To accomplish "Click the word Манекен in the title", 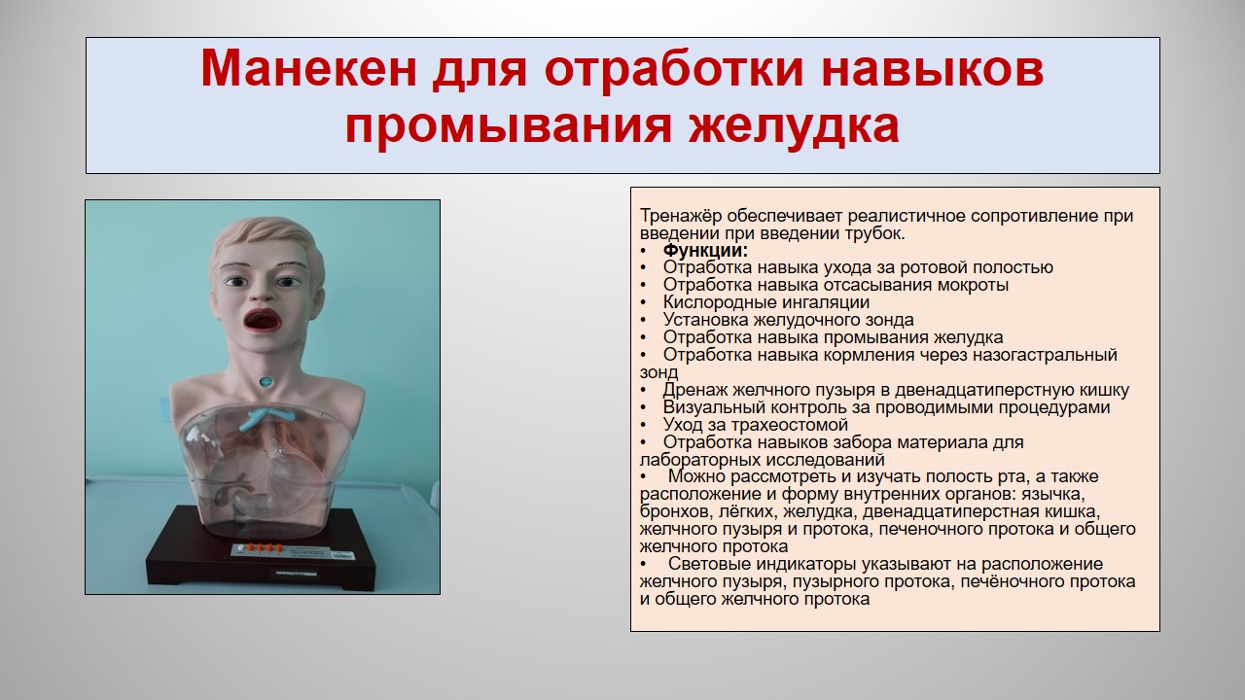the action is pyautogui.click(x=308, y=69).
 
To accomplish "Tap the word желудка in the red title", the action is pyautogui.click(x=795, y=126).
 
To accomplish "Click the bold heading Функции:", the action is pyautogui.click(x=705, y=250).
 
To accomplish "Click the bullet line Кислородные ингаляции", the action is pyautogui.click(x=765, y=302).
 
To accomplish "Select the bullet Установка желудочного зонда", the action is pyautogui.click(x=788, y=320).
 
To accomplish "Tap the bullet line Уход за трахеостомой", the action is pyautogui.click(x=756, y=425).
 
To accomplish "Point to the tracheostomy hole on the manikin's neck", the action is pyautogui.click(x=267, y=382).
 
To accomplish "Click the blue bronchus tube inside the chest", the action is pyautogui.click(x=263, y=417).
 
